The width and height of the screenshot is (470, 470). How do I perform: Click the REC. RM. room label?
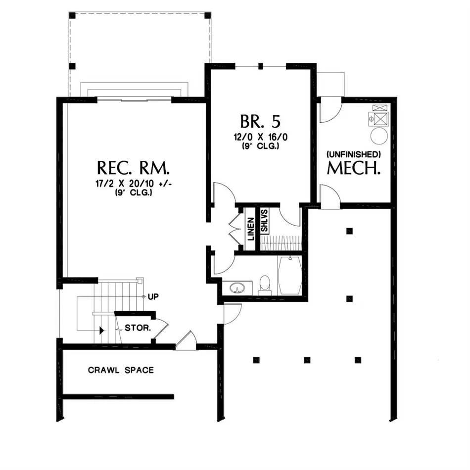click(134, 168)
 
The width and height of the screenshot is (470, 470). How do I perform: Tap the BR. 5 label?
click(260, 121)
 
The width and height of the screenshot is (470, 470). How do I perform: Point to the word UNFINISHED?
click(354, 154)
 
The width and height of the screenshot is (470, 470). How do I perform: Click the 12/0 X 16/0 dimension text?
click(260, 137)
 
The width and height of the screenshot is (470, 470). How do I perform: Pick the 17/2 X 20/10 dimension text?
click(134, 184)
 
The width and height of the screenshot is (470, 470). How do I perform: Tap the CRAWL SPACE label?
click(121, 370)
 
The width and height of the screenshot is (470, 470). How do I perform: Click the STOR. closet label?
click(138, 328)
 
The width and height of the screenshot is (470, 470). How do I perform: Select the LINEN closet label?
click(251, 229)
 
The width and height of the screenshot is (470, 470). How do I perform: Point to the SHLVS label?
click(264, 220)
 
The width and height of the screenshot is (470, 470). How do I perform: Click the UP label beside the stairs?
click(153, 297)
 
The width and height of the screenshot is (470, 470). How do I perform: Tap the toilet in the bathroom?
click(265, 285)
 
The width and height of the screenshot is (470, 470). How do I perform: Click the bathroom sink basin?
click(237, 288)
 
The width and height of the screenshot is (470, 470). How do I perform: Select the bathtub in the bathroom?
click(289, 275)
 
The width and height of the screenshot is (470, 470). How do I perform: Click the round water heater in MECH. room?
click(379, 136)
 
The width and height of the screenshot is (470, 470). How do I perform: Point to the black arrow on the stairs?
click(101, 330)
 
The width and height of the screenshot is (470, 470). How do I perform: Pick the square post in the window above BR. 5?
click(260, 66)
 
